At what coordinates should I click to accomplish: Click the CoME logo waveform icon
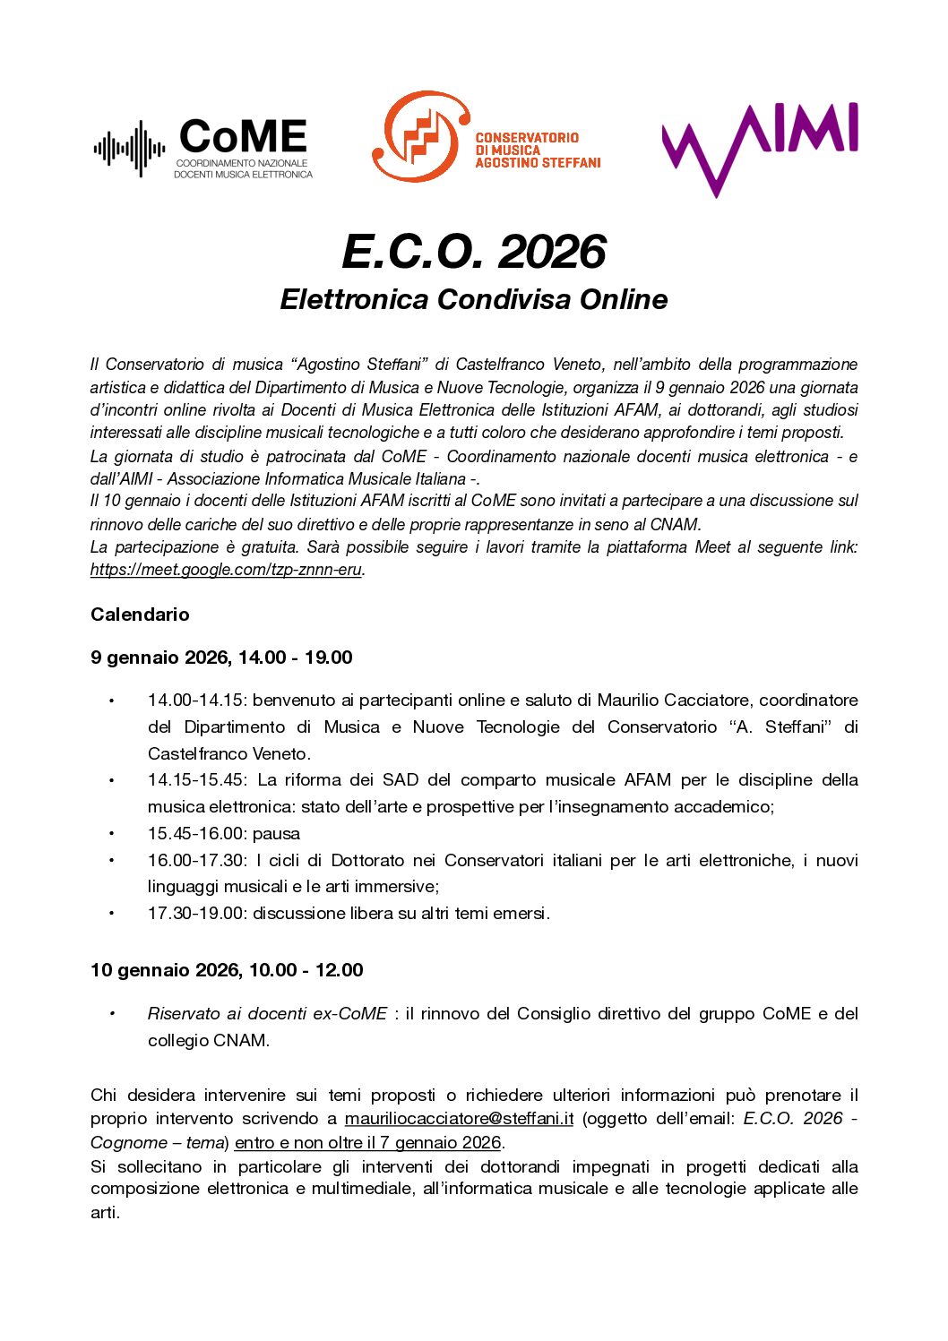pos(129,149)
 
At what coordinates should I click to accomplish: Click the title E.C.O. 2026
pos(474,252)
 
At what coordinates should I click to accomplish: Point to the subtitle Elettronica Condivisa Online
pos(474,299)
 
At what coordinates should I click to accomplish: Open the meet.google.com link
pos(226,570)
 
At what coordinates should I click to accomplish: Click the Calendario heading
pos(140,615)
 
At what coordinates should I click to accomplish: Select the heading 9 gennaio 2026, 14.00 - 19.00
pos(221,658)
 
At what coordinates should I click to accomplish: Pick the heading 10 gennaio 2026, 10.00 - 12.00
pos(227,970)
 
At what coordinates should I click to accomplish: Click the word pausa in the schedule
pos(276,834)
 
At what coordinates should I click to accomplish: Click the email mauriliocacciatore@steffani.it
pos(459,1119)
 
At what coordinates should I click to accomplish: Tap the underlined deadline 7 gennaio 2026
pos(440,1143)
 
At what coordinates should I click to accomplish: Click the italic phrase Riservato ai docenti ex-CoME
pos(267,1014)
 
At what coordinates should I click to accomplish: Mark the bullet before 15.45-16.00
pos(112,834)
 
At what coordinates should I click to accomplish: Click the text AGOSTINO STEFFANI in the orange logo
pos(538,163)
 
